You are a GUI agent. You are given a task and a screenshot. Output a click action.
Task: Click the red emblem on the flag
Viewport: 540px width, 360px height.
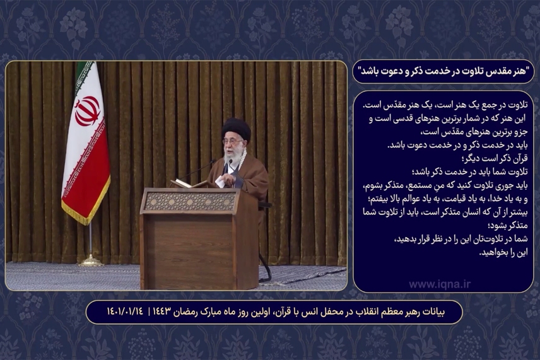(x=88, y=110)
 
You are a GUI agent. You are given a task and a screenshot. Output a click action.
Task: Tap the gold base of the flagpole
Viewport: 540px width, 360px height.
(x=90, y=260)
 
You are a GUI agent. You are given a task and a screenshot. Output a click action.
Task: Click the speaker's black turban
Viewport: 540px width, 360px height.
(x=236, y=129)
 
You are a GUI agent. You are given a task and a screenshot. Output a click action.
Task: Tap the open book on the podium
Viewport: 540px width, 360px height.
(x=189, y=183)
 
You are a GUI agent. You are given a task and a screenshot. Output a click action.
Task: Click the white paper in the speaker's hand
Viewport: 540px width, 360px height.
(x=220, y=181)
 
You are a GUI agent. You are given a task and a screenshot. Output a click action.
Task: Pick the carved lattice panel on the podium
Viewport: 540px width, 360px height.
(x=190, y=201)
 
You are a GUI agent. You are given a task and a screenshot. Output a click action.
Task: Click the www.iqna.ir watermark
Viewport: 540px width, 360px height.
(x=440, y=284)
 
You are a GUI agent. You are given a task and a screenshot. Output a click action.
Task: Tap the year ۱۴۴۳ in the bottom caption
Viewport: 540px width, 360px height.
(x=167, y=312)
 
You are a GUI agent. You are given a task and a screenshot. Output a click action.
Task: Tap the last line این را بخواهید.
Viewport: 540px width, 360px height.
(x=502, y=252)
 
